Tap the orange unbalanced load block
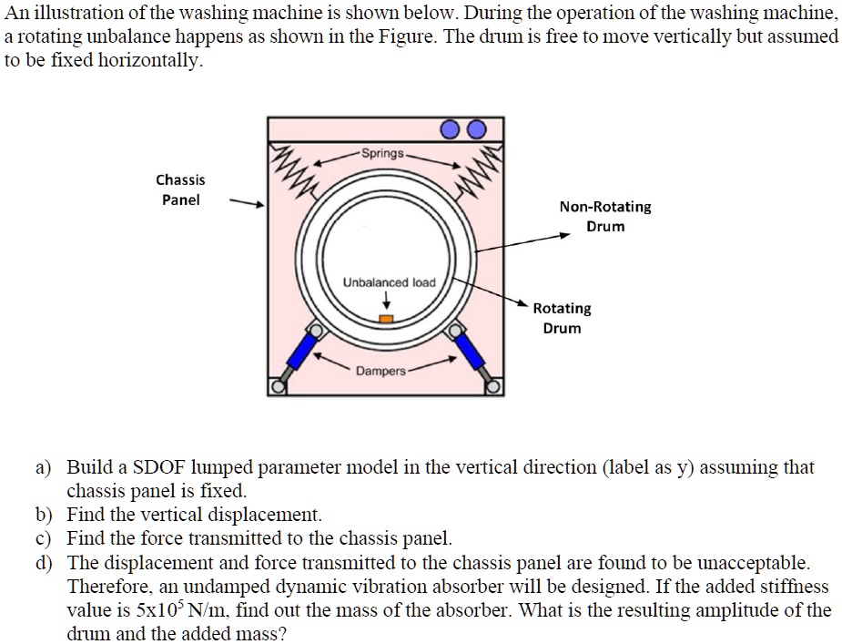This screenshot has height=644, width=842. point(385,318)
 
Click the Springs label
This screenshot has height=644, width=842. point(381,153)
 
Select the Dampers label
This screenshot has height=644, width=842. point(380,371)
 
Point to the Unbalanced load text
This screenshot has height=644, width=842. point(389,282)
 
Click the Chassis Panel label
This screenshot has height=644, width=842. point(180,189)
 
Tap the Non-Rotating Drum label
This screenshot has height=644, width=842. point(605,216)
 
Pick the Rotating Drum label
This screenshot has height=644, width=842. point(562,318)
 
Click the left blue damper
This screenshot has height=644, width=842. point(303,349)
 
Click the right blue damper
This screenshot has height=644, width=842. point(469,349)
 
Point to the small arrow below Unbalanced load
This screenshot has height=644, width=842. point(385,302)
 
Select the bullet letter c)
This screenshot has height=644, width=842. point(44,538)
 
